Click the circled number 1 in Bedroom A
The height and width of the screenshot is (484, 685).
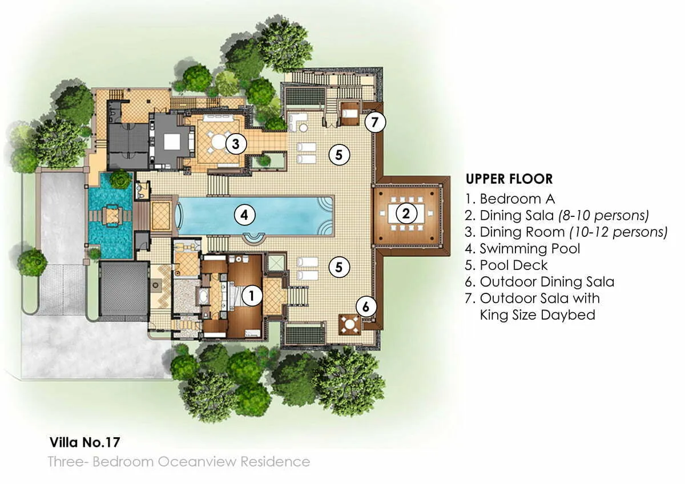(x=252, y=295)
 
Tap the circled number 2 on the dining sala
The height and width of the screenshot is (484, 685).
(x=406, y=214)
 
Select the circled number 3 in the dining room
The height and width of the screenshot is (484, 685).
(x=235, y=144)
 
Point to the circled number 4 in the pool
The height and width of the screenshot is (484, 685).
(x=244, y=215)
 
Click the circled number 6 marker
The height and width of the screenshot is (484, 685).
(x=366, y=306)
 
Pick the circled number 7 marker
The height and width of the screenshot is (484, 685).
(x=375, y=122)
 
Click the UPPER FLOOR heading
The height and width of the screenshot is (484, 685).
(x=509, y=179)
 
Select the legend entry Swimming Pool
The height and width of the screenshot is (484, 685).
(x=529, y=248)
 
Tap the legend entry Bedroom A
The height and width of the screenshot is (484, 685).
(x=517, y=199)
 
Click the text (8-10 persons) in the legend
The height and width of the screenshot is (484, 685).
(x=607, y=215)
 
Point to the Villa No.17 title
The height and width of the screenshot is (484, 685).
(x=84, y=442)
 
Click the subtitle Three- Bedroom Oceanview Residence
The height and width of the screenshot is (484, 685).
(x=179, y=461)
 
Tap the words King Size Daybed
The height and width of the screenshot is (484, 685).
(x=537, y=314)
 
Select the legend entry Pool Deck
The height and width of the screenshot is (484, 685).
(x=513, y=265)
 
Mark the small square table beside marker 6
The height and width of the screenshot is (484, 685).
(x=349, y=324)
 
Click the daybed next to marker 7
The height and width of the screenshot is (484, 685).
(x=349, y=113)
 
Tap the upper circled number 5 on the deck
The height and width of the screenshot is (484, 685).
(x=339, y=154)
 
